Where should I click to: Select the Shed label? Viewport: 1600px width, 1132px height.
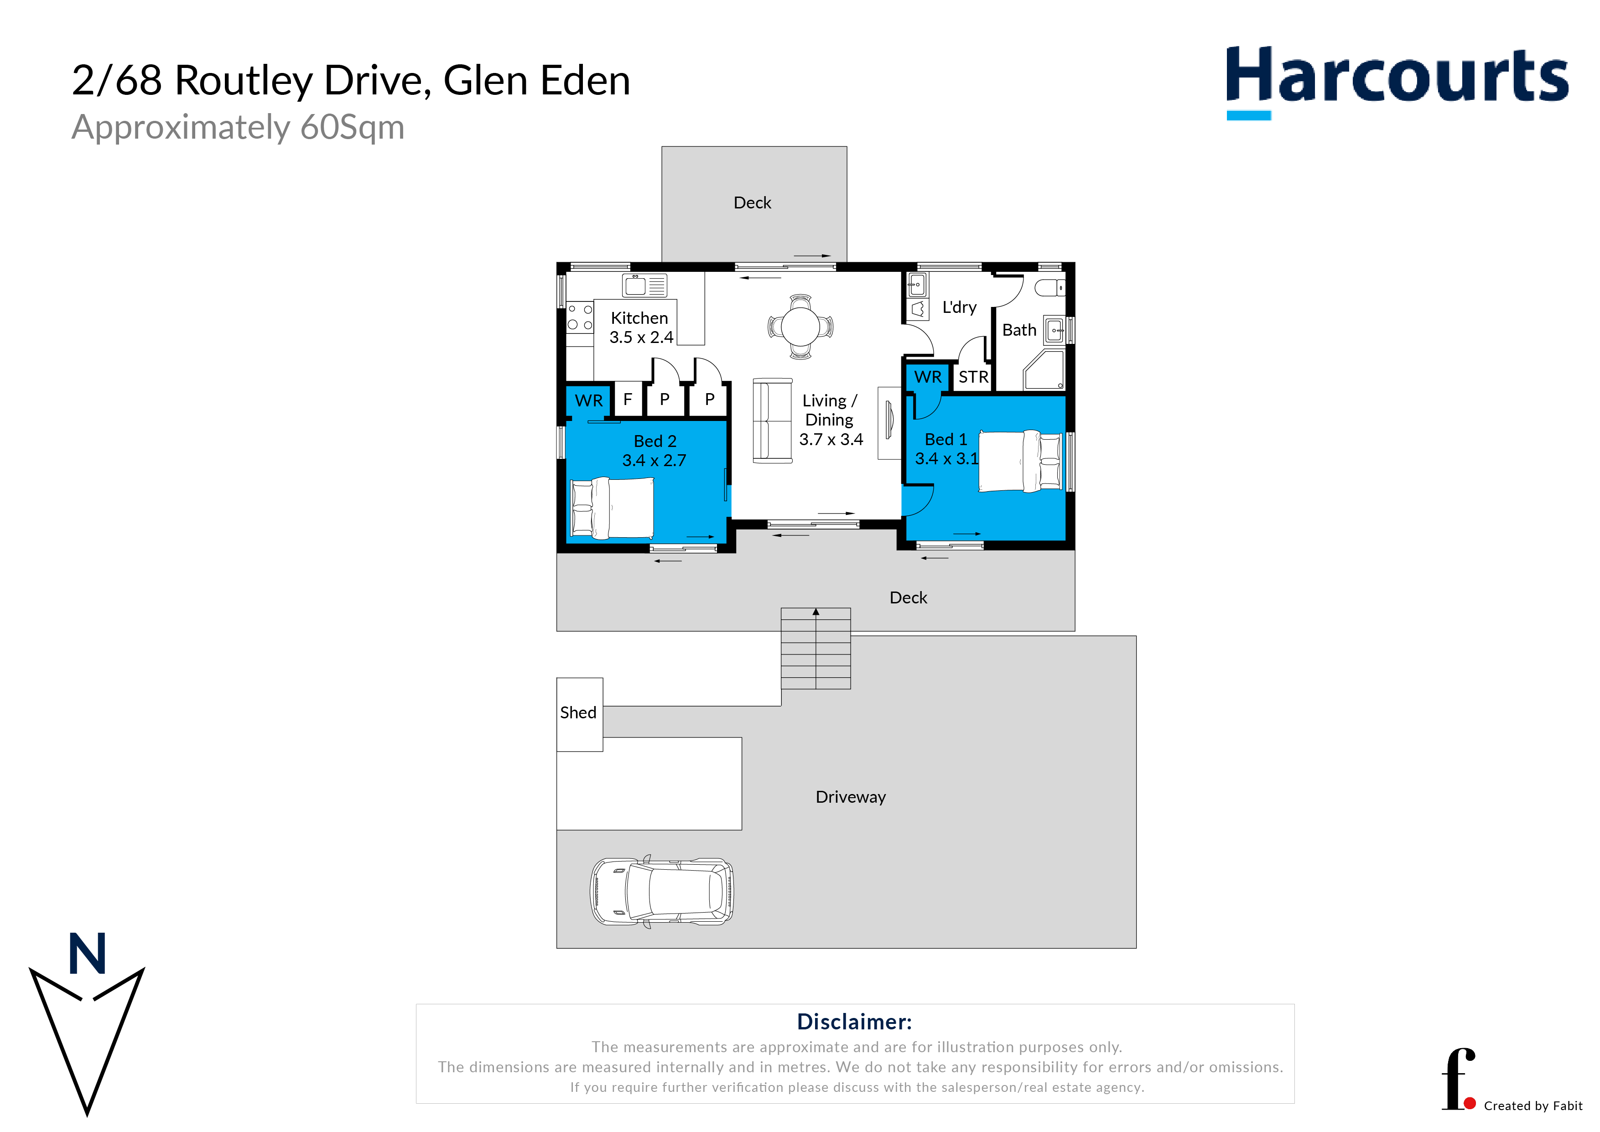click(x=578, y=712)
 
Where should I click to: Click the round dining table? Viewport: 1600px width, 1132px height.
click(x=801, y=326)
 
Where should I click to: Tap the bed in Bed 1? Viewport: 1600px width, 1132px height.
click(x=1020, y=461)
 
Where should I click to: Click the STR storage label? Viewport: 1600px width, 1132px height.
click(x=973, y=377)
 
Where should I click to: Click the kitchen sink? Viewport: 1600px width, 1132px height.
click(x=644, y=285)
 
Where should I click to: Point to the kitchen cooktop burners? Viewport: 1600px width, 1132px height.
click(x=580, y=317)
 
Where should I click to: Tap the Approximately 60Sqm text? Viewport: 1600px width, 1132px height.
click(x=238, y=128)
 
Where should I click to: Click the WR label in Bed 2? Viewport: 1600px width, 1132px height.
click(x=588, y=401)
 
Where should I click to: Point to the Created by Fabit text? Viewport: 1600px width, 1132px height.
click(x=1532, y=1106)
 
